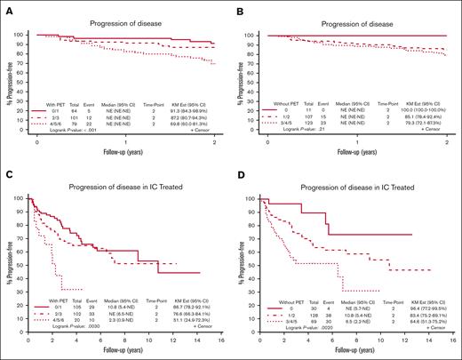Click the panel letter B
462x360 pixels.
239,7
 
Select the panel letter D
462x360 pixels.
239,188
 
